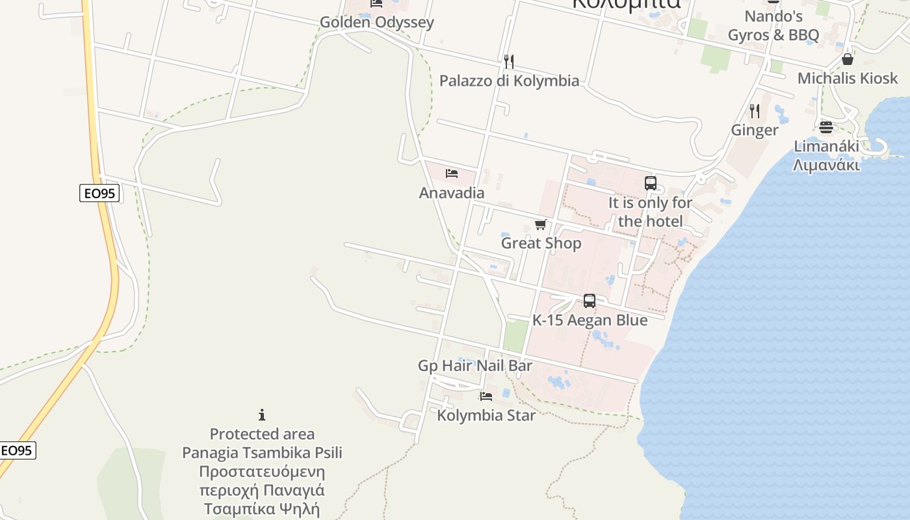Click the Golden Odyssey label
tap(376, 22)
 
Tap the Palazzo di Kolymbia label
tap(509, 81)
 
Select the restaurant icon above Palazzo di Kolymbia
tap(509, 62)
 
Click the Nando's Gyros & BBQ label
tap(773, 25)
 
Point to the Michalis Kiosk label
tap(847, 79)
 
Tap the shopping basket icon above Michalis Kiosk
tap(848, 59)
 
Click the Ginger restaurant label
tap(754, 130)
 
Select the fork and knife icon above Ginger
tap(754, 111)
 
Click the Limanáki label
tap(826, 155)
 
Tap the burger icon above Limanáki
tap(826, 127)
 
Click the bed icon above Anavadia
tap(452, 174)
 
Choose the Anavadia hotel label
tap(452, 193)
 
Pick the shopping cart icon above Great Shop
tap(540, 224)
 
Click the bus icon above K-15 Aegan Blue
tap(590, 301)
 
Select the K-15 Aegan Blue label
tap(590, 320)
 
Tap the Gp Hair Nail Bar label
tap(475, 366)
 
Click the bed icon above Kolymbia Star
tap(486, 396)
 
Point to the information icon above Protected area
tap(262, 415)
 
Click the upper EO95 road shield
tap(99, 193)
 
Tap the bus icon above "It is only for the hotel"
tap(651, 183)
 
